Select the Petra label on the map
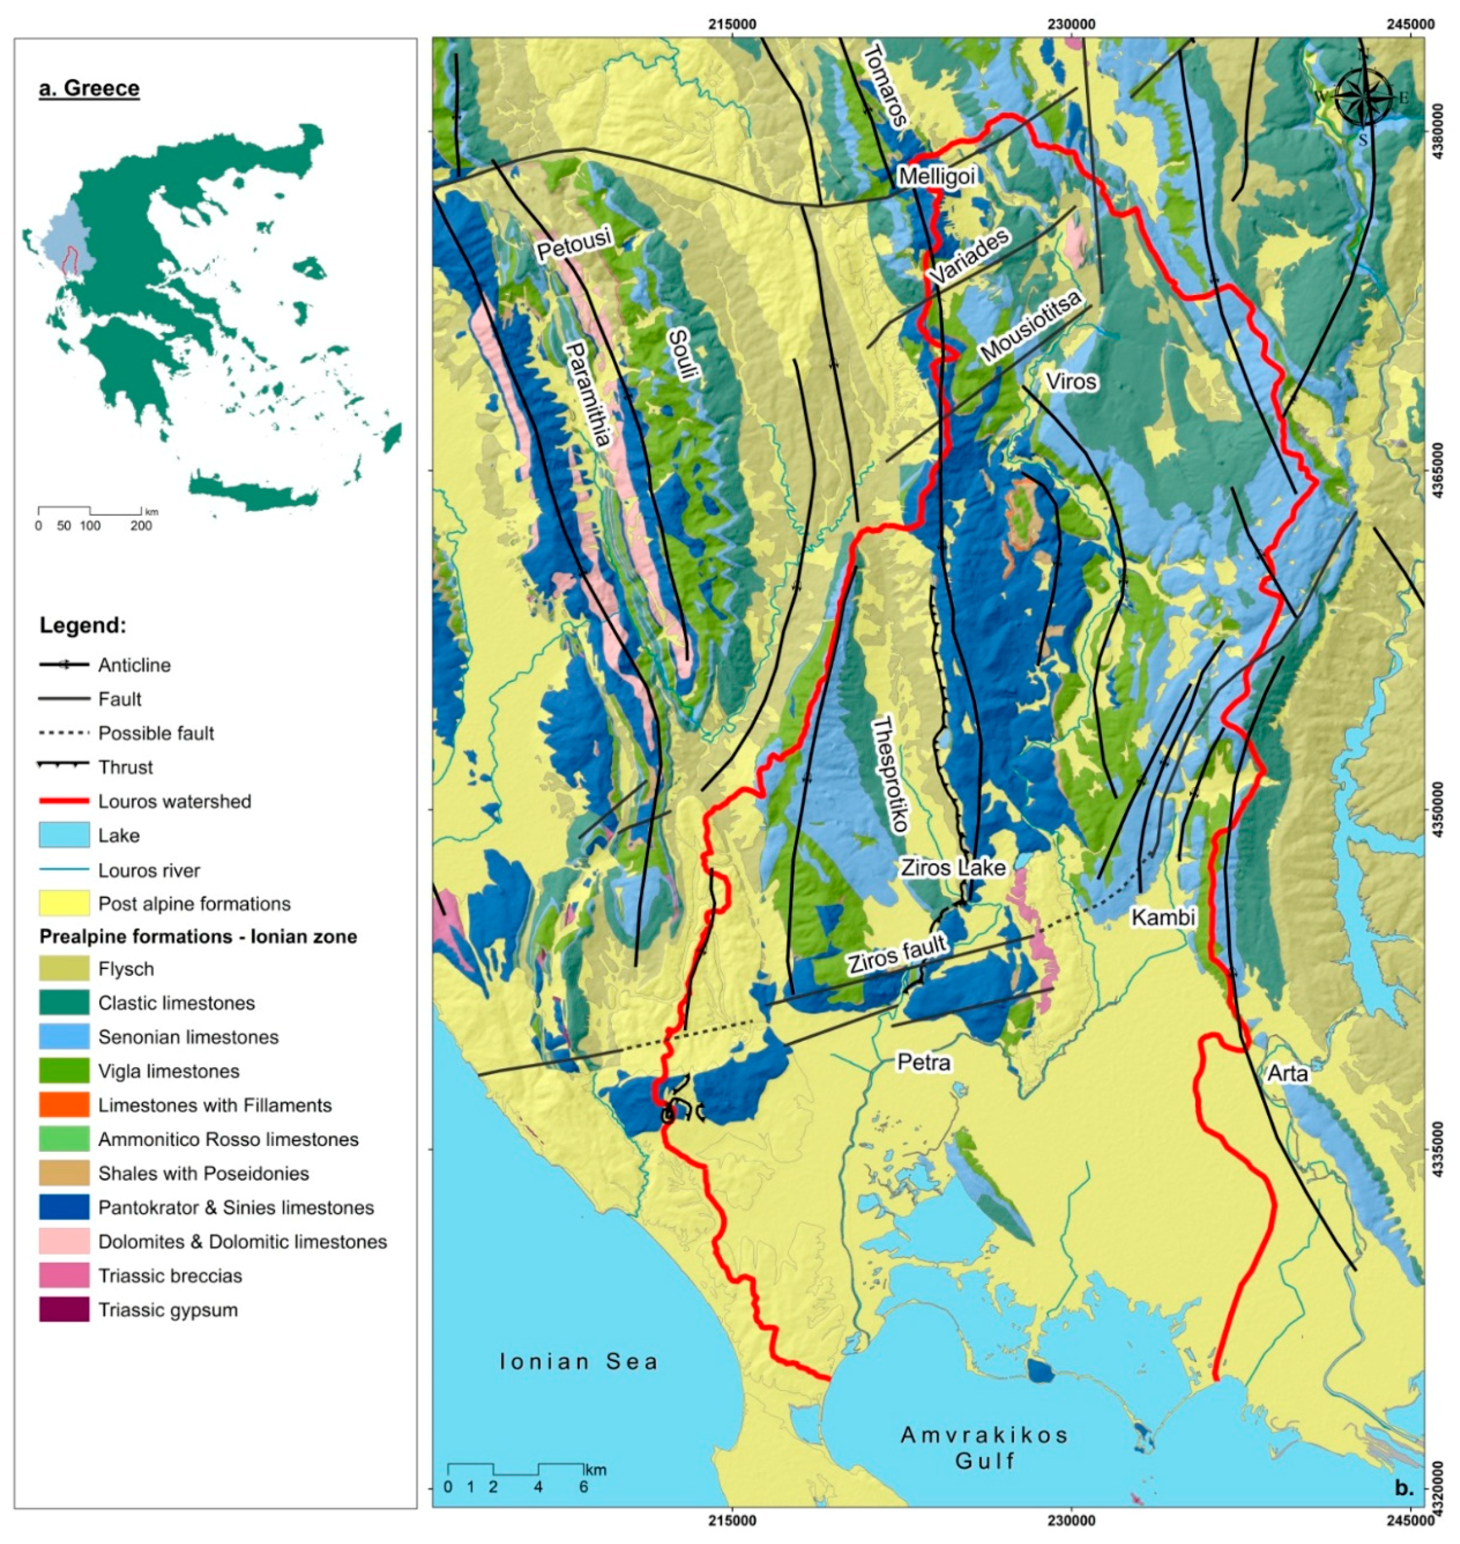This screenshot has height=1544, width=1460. click(924, 1062)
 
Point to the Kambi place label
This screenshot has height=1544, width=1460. click(1163, 918)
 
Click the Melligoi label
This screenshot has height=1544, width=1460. click(936, 176)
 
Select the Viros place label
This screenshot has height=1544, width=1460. click(1071, 381)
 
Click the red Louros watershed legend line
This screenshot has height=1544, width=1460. click(64, 801)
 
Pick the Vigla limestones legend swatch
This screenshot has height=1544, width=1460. click(64, 1071)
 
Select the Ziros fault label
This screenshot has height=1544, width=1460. click(897, 955)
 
